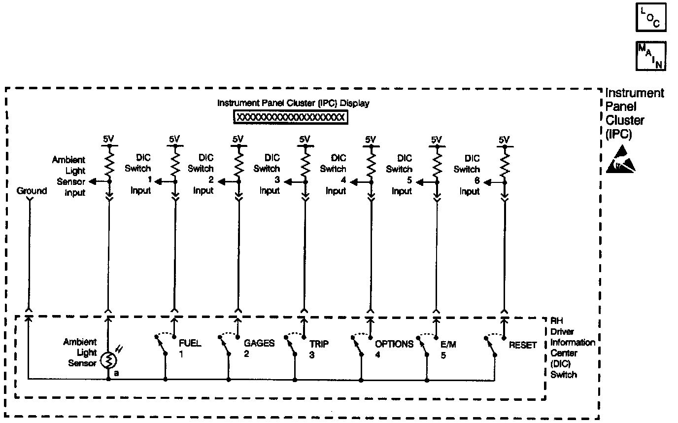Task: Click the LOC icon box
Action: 651,18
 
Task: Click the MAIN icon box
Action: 651,56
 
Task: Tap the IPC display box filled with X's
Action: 291,117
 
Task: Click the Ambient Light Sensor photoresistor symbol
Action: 108,361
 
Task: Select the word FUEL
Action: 190,344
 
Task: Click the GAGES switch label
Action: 259,344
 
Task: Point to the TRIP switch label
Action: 319,344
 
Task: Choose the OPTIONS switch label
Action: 394,344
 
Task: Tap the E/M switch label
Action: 448,345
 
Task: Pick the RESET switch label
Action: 523,345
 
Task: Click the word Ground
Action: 32,191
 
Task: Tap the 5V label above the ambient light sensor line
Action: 107,139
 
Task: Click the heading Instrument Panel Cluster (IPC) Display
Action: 293,104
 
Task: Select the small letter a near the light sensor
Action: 116,373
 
